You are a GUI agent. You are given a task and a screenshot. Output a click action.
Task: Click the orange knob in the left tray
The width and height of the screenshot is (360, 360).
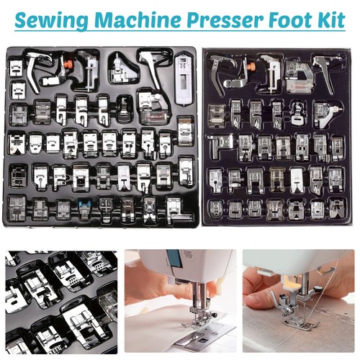tap(69, 64)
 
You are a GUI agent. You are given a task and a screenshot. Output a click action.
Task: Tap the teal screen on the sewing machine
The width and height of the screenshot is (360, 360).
tap(175, 258)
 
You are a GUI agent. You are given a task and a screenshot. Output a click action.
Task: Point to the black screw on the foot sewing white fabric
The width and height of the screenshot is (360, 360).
tap(214, 315)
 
